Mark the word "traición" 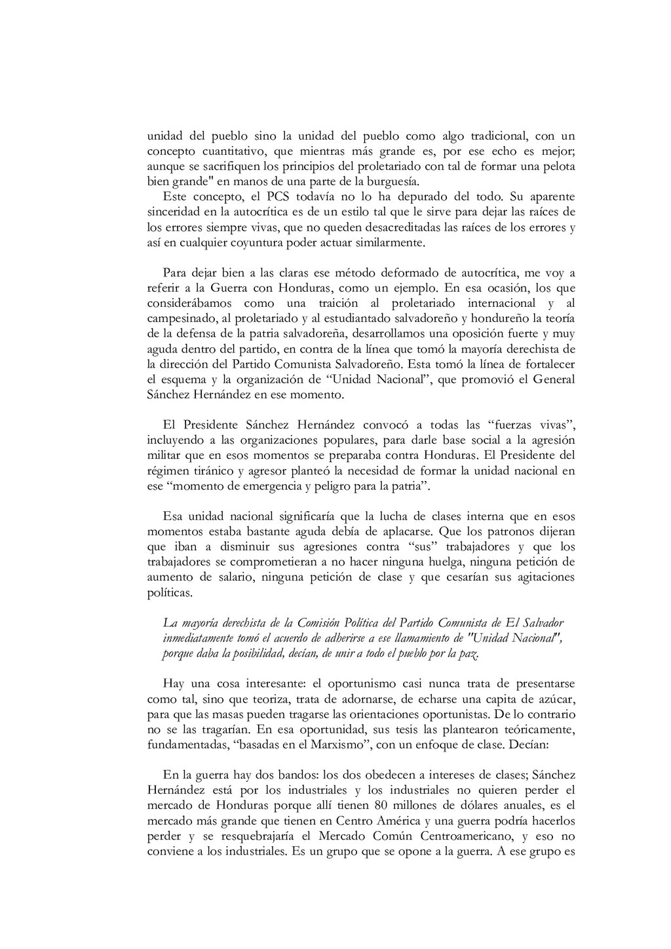click(x=338, y=303)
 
